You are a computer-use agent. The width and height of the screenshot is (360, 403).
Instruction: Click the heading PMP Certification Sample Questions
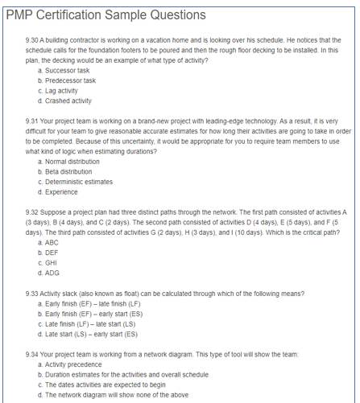tap(106, 15)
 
